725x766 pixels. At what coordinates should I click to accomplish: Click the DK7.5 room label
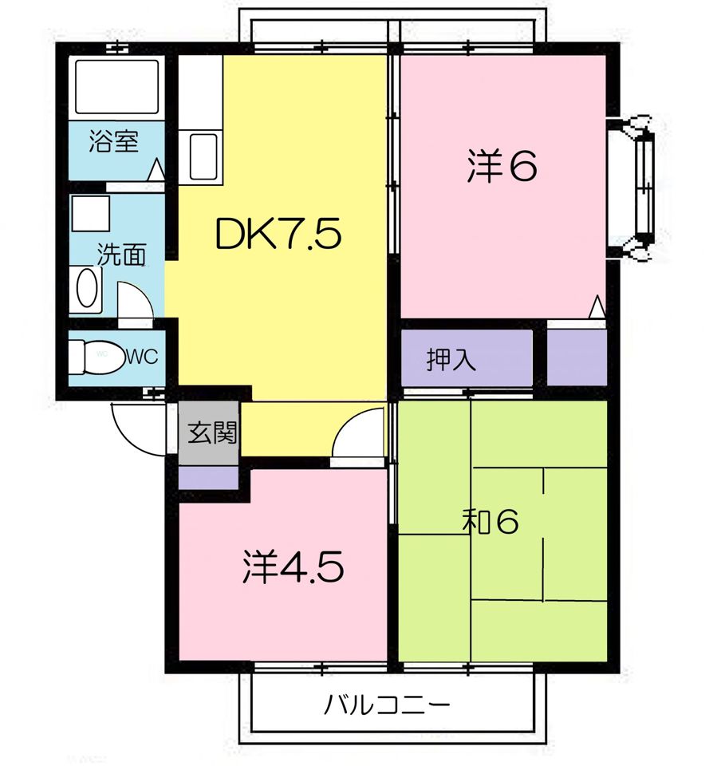click(278, 234)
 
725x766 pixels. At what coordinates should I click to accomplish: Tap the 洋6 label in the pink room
click(502, 166)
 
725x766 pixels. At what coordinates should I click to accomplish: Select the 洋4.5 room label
click(293, 567)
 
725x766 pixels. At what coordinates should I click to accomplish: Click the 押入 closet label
click(451, 359)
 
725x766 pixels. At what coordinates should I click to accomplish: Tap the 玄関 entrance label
click(212, 432)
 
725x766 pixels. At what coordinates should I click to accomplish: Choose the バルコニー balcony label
click(387, 705)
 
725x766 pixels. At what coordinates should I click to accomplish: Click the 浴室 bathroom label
click(114, 141)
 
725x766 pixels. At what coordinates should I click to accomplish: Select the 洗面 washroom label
click(121, 255)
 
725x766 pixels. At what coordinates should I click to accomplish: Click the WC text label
click(143, 357)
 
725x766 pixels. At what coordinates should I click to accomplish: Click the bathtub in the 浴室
click(116, 86)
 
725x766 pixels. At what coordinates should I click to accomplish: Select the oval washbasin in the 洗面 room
click(87, 289)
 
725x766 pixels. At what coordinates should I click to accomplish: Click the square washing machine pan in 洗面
click(91, 213)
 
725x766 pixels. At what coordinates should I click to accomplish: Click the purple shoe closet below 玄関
click(208, 478)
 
